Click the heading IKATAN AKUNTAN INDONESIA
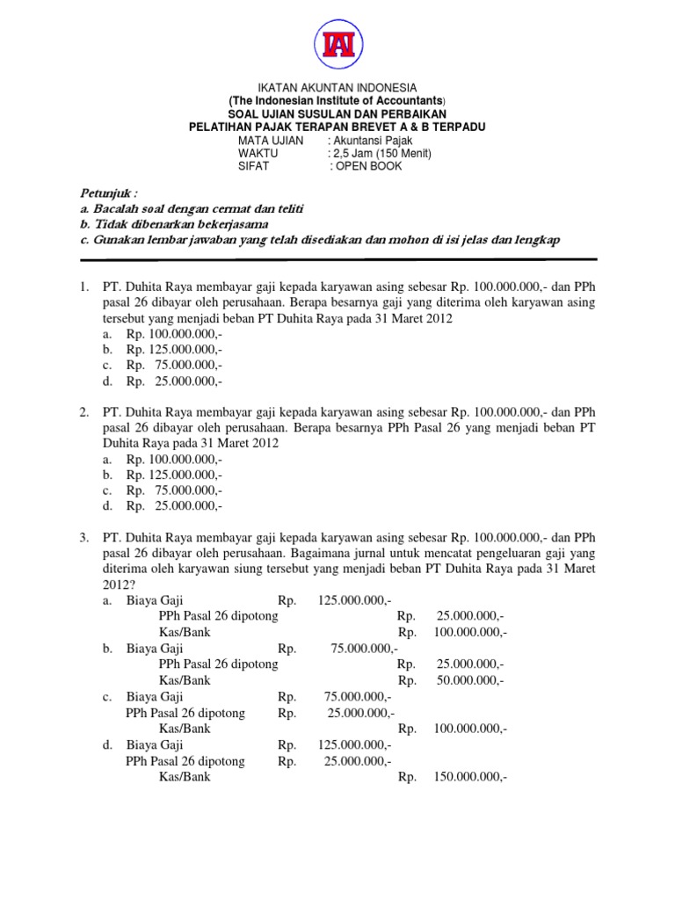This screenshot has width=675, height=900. pos(337,89)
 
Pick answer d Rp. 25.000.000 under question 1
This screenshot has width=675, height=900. pos(174,381)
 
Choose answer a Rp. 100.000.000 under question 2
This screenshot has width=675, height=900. pos(174,460)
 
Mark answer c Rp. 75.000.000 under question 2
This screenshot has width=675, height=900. pos(174,490)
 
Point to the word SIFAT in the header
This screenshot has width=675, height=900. pos(253,166)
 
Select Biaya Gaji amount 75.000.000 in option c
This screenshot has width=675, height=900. pos(355,696)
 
